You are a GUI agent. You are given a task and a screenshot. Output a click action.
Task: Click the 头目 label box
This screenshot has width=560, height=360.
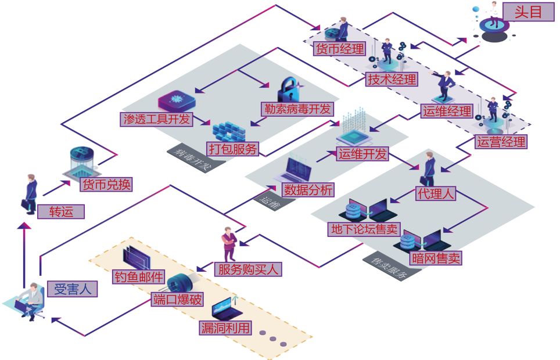pyautogui.click(x=527, y=12)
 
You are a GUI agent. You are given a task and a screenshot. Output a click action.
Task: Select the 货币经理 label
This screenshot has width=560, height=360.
pyautogui.click(x=339, y=49)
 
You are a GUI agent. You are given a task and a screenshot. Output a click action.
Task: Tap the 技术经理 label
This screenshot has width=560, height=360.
pyautogui.click(x=392, y=80)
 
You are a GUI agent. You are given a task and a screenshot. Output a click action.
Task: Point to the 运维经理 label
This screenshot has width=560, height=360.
pyautogui.click(x=446, y=110)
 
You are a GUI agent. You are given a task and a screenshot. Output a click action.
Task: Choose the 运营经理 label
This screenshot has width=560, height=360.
pyautogui.click(x=500, y=141)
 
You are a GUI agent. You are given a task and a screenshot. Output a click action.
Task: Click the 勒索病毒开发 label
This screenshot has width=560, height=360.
pyautogui.click(x=297, y=108)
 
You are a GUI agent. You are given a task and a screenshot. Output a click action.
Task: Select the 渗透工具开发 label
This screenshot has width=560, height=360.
pyautogui.click(x=156, y=120)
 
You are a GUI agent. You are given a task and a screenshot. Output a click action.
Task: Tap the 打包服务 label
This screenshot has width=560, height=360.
pyautogui.click(x=232, y=149)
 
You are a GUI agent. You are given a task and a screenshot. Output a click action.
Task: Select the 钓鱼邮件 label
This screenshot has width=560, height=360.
pyautogui.click(x=139, y=276)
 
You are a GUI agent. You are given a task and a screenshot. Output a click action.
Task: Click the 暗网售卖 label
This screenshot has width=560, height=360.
pyautogui.click(x=435, y=258)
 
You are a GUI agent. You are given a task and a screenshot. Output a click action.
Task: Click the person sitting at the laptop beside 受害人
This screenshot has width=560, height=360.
pyautogui.click(x=32, y=299)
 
